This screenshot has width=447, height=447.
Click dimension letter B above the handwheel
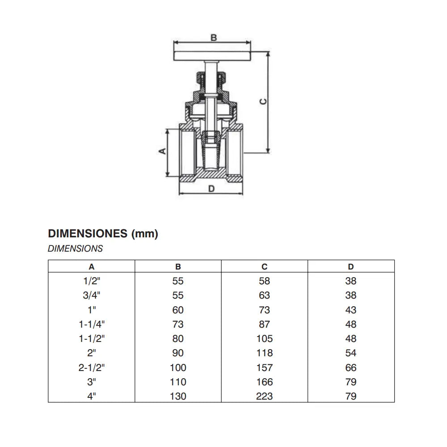214,38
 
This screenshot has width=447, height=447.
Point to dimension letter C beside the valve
264,101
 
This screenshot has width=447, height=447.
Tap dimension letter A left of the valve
163,151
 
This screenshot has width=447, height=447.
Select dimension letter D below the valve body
212,189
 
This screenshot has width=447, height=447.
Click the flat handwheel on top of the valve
212,56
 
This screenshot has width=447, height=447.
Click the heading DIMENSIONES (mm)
103,234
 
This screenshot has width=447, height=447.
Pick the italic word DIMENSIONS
75,249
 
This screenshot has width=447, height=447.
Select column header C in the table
265,267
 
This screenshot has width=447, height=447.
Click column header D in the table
351,267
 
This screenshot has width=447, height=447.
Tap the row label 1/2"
92,281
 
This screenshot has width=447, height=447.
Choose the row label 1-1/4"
92,325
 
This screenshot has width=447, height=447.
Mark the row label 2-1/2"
92,368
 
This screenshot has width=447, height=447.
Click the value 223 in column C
265,396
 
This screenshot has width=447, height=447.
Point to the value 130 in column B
178,396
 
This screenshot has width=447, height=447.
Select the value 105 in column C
265,339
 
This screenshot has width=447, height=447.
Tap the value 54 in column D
351,353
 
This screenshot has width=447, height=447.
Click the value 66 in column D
351,368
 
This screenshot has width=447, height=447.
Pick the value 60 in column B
178,310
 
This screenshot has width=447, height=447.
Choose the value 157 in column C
265,368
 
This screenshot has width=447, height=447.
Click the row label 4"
92,396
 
